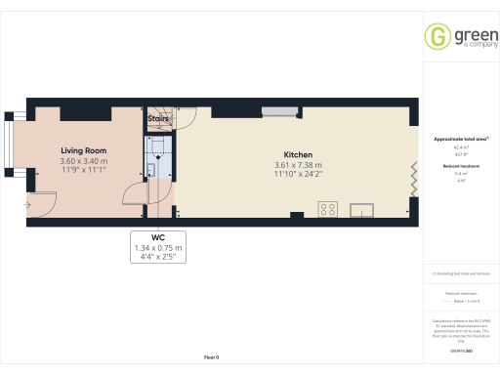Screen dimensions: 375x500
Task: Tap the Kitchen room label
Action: pos(298,155)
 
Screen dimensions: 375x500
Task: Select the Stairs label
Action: pos(157,118)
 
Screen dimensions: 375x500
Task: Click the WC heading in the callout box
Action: pos(157,237)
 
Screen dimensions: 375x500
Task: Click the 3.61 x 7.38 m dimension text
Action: pos(298,165)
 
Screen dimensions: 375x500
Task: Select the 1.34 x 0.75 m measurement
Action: pos(157,248)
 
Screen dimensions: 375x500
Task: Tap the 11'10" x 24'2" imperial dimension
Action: pos(298,174)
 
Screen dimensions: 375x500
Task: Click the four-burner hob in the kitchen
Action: pos(328,208)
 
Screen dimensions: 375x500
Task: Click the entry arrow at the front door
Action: pos(30,202)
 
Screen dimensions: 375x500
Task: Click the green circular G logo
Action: pos(436,37)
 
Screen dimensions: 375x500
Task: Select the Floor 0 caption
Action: pos(211,358)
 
